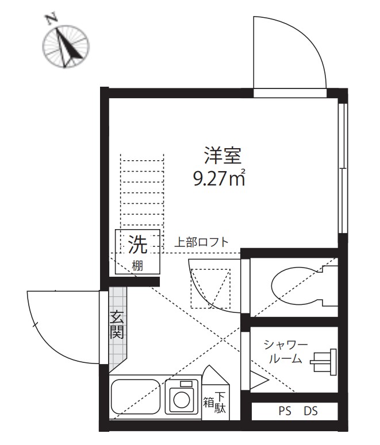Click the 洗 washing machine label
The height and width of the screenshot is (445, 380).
point(137,245)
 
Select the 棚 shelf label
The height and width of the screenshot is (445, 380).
point(137,265)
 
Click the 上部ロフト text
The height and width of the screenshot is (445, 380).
point(201,242)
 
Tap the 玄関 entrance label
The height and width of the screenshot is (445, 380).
point(117,324)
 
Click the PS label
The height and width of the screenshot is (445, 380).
point(285,411)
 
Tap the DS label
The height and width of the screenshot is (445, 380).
point(311,411)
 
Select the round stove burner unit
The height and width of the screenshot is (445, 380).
point(182,396)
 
